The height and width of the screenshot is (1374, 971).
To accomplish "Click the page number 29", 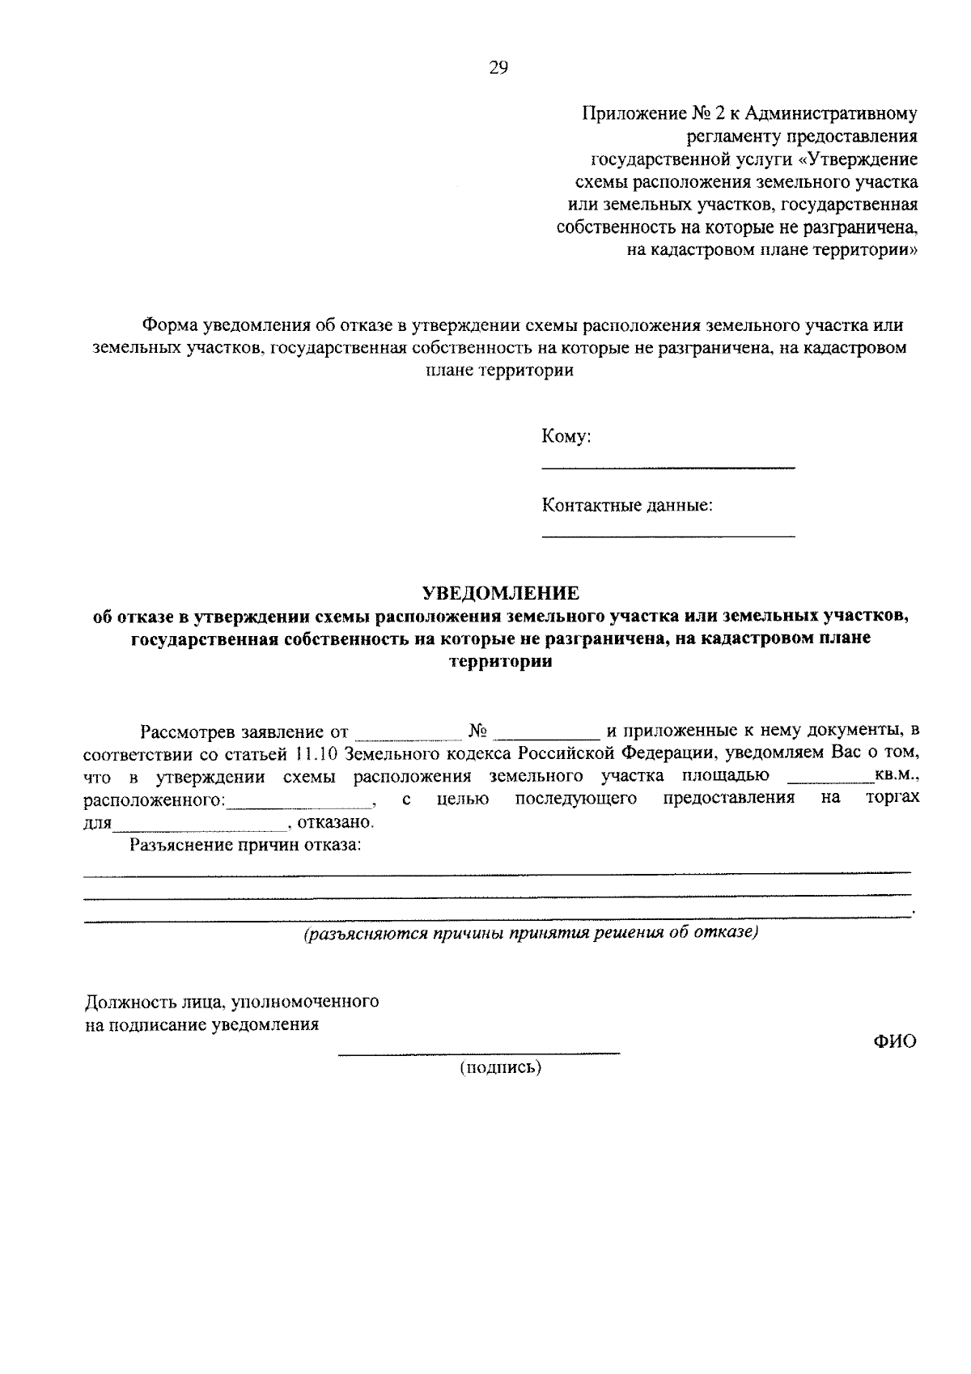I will (x=498, y=68).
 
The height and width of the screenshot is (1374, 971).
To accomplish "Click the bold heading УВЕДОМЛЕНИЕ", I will (x=502, y=592).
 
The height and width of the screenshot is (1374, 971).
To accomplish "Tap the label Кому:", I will (x=566, y=437).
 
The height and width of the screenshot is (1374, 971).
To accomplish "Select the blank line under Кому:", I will (x=668, y=468).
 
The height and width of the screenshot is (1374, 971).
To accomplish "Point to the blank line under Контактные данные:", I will (x=668, y=536).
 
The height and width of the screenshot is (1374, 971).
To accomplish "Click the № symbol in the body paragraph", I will (x=477, y=731).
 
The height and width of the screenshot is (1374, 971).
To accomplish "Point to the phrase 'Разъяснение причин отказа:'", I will (x=245, y=846).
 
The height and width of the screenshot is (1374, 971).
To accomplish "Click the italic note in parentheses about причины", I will (x=531, y=933).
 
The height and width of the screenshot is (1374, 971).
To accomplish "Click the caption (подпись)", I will (x=501, y=1067).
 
